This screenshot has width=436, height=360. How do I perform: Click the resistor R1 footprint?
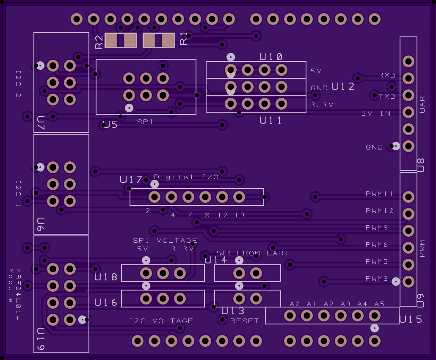159,40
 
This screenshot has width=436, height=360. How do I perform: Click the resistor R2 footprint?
121,40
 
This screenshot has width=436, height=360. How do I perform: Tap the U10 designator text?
271,57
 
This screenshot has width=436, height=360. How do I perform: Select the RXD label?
387,75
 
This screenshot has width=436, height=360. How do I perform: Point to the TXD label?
387,96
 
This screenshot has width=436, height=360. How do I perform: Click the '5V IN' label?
376,113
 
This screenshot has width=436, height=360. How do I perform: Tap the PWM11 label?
379,194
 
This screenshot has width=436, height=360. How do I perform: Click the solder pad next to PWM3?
408,282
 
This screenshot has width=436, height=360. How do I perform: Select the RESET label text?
244,321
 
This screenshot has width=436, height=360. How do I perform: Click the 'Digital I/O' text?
186,177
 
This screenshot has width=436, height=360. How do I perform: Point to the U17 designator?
131,180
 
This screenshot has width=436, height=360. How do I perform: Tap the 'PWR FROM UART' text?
251,253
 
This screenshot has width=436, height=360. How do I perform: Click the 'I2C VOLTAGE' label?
161,321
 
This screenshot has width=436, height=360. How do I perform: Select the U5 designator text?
110,125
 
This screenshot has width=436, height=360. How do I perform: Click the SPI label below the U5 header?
145,122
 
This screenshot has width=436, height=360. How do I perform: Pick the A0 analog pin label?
295,304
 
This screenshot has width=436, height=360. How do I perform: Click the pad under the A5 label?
374,316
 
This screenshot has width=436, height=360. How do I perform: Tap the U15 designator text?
411,319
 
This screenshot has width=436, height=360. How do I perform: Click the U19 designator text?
41,339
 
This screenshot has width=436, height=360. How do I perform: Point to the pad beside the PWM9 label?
408,231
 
